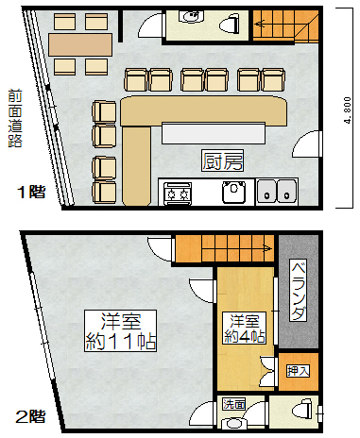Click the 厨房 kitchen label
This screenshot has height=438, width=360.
(222, 160)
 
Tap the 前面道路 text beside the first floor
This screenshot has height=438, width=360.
(15, 118)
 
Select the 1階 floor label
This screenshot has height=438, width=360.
(31, 192)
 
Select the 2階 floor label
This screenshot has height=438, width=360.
(30, 416)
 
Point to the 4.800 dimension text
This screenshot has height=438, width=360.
(348, 110)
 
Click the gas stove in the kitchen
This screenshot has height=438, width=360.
(178, 194)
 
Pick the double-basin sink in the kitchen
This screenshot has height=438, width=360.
(277, 192)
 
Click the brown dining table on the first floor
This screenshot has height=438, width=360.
(80, 44)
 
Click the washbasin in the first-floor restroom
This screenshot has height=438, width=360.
(191, 16)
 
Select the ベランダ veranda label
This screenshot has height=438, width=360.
(298, 290)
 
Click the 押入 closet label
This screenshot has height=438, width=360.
(298, 370)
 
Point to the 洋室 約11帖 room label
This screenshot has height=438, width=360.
(121, 330)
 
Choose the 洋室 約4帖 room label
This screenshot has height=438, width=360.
(244, 328)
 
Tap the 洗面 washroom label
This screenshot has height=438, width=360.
(234, 404)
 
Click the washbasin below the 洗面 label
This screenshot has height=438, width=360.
(233, 423)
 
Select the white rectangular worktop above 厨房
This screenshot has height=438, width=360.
(214, 133)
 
